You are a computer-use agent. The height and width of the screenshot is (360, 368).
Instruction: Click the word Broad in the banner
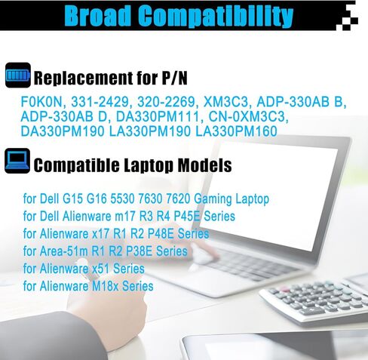click(x=98, y=16)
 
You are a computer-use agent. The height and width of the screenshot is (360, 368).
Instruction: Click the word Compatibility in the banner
click(x=216, y=17)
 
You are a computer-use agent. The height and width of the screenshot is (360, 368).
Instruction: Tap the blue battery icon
click(x=18, y=75)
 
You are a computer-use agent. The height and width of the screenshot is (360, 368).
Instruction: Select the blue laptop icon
click(x=17, y=161)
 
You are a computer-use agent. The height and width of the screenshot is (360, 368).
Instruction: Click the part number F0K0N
click(x=41, y=102)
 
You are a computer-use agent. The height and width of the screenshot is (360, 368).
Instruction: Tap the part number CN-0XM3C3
click(x=249, y=117)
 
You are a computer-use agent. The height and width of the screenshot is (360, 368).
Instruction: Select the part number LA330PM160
click(x=236, y=131)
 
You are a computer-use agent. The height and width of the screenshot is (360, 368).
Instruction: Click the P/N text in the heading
click(x=175, y=78)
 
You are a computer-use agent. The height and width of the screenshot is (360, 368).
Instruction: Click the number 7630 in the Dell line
click(x=150, y=198)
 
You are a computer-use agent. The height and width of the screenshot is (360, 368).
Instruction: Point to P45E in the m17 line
click(x=187, y=216)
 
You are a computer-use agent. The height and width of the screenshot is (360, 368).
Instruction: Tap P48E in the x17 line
click(x=161, y=234)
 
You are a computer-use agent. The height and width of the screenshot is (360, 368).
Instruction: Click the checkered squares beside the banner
click(x=348, y=17)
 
